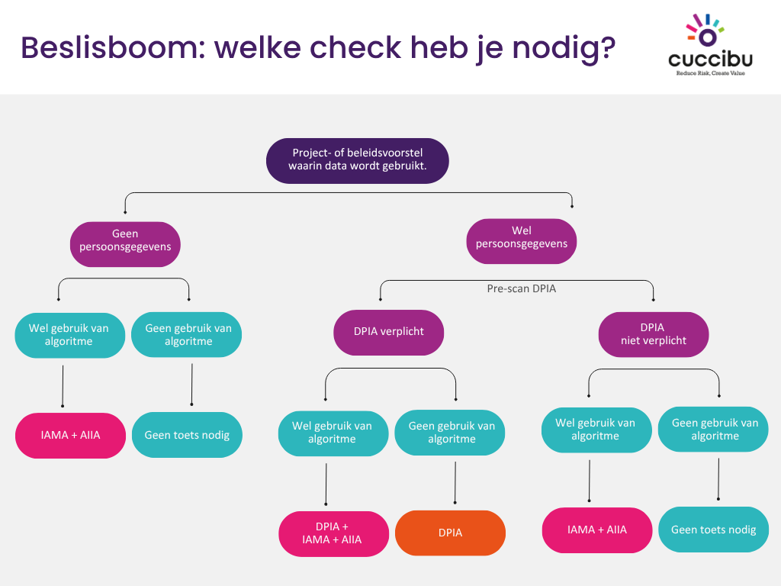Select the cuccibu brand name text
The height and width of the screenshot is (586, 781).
709,59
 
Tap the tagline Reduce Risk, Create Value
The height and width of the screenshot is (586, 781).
709,73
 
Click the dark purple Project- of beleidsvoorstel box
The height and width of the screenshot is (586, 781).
357,159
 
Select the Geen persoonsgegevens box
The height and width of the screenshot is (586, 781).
125,240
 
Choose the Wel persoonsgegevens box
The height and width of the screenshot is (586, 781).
522,237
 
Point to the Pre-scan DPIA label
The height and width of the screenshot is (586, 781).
522,289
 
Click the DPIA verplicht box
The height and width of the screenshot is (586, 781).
389,331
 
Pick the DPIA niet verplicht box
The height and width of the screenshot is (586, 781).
653,334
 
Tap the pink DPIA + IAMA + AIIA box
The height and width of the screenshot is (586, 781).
333,533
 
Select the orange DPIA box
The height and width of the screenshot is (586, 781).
450,533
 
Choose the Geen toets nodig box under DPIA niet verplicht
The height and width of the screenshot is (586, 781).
713,529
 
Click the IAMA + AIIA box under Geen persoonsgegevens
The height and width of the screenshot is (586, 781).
70,435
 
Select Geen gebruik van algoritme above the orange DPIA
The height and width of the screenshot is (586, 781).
452,433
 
